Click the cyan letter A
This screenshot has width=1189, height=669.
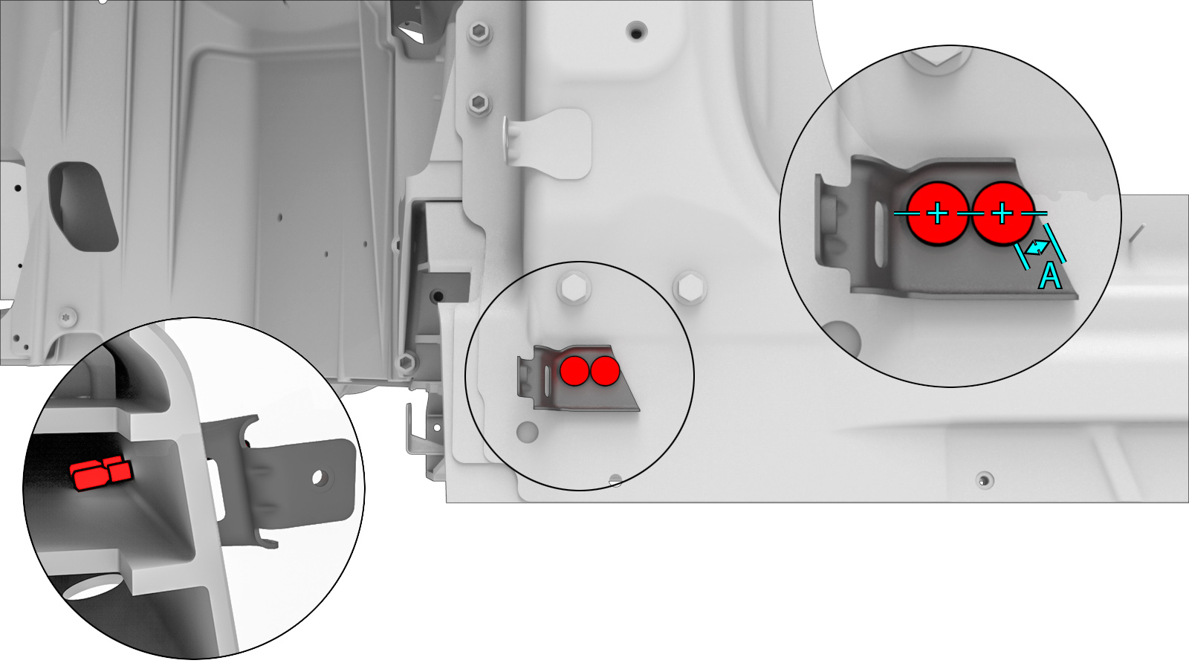(1050, 277)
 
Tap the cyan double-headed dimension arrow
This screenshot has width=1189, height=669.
(1037, 248)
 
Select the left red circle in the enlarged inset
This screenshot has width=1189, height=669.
(938, 213)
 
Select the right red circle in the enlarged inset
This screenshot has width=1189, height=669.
(1002, 213)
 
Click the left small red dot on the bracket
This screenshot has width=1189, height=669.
(574, 371)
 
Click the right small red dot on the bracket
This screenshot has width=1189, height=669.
(605, 371)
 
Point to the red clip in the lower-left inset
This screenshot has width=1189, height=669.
(101, 473)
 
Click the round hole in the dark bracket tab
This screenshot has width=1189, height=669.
(319, 477)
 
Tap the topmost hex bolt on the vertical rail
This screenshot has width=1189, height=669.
(479, 33)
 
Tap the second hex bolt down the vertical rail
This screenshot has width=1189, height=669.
(479, 103)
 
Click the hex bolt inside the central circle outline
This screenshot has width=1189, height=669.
(574, 289)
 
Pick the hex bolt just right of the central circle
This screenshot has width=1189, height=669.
(690, 288)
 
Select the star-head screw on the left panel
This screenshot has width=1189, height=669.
(68, 317)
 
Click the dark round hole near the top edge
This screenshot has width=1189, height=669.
(636, 30)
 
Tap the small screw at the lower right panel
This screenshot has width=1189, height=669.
(985, 480)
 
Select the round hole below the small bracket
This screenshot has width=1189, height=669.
(527, 432)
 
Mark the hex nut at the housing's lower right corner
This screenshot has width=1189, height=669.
(406, 362)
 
